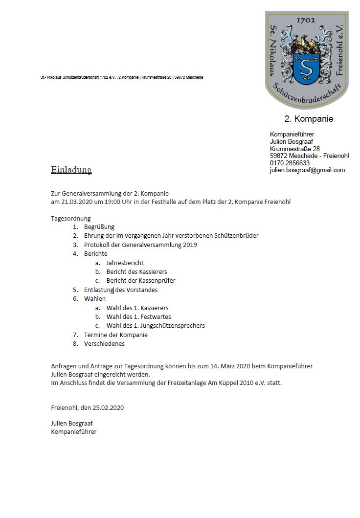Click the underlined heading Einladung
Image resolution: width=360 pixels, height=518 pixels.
tap(71, 170)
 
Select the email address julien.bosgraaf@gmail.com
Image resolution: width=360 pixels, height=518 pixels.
tap(307, 170)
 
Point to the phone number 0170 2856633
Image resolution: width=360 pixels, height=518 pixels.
tap(290, 163)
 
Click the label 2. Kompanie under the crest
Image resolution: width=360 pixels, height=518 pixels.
tap(309, 119)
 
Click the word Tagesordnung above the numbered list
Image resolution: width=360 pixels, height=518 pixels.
tap(71, 218)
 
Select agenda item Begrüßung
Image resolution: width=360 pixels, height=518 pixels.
tap(99, 227)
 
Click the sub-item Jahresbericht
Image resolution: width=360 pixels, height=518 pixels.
tap(125, 263)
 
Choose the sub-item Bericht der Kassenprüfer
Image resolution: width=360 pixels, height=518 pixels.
tap(140, 281)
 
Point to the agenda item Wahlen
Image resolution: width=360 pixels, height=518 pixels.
tap(95, 298)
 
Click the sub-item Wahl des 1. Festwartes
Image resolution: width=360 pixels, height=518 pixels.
tap(138, 316)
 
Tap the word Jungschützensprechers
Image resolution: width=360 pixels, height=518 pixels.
tap(175, 325)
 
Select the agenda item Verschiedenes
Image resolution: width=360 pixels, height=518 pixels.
tap(104, 343)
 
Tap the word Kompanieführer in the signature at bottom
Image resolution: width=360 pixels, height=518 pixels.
tap(73, 432)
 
